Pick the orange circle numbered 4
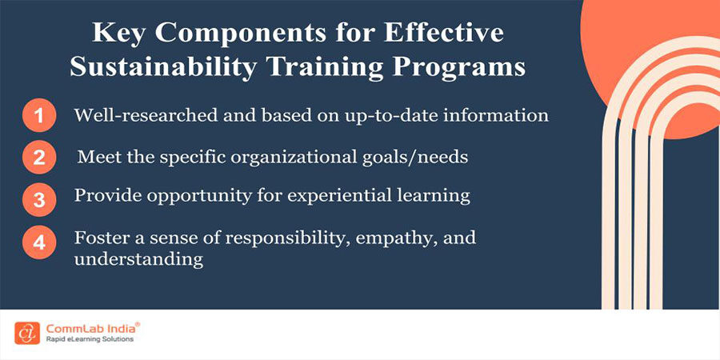(38, 241)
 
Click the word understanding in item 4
(138, 260)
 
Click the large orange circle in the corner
(664, 56)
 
